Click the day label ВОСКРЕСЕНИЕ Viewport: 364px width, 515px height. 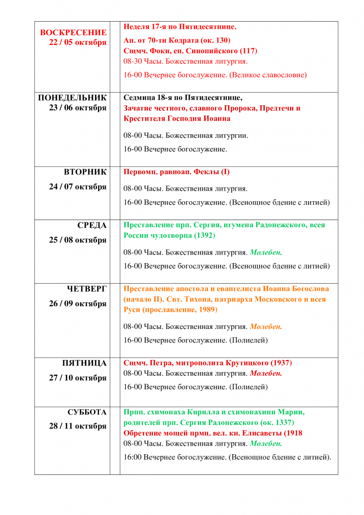(x=73, y=32)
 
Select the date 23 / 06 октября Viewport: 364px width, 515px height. (x=78, y=108)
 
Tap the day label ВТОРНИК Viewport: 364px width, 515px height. (x=85, y=172)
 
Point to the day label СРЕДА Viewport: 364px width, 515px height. (x=92, y=225)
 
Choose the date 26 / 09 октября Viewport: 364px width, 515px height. (x=78, y=304)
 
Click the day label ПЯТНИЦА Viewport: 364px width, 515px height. (x=84, y=363)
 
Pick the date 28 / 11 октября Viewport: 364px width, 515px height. (x=78, y=426)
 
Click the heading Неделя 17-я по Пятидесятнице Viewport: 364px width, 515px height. (x=180, y=26)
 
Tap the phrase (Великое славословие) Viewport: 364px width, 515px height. (x=268, y=75)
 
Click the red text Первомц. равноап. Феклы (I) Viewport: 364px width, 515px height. (x=176, y=172)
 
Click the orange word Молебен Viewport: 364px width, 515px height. (x=266, y=326)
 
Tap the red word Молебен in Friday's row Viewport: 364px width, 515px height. (x=266, y=373)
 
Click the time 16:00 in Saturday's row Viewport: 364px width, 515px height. (x=133, y=457)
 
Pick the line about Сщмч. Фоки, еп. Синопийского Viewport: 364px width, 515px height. (x=191, y=51)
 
